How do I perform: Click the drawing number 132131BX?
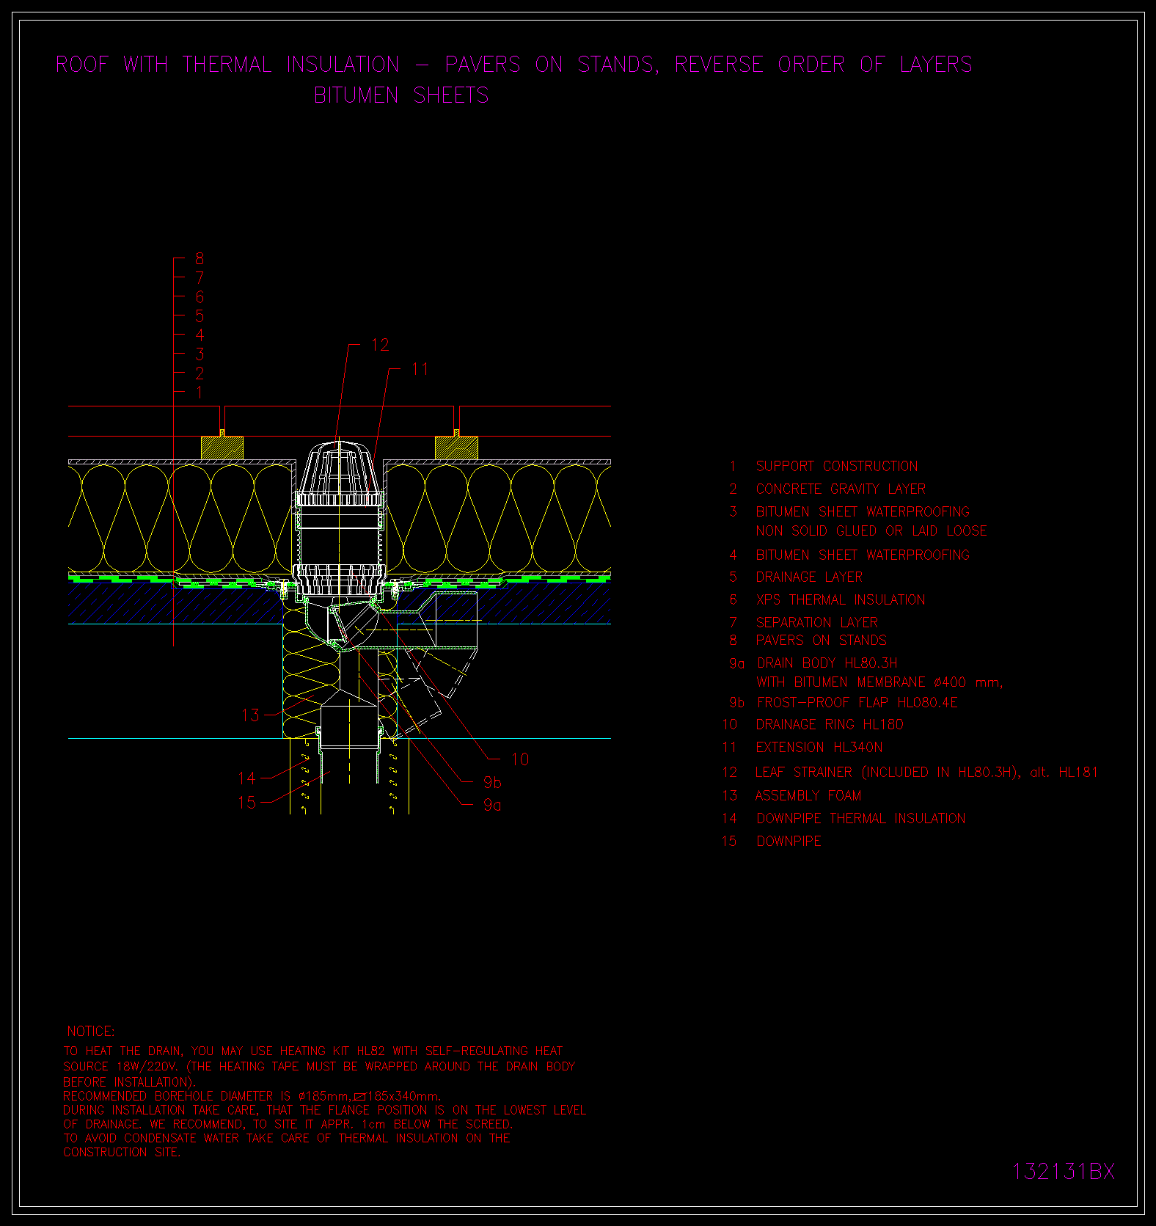[1064, 1171]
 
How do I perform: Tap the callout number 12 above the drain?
[380, 345]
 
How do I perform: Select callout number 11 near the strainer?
[420, 369]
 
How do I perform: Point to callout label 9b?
[492, 782]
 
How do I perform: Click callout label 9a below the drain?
[492, 805]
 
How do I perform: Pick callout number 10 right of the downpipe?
[520, 759]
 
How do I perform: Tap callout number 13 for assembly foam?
[250, 715]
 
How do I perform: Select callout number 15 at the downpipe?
[247, 803]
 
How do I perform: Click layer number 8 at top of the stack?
[200, 258]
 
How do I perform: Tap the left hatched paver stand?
[222, 448]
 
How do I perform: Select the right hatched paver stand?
[456, 448]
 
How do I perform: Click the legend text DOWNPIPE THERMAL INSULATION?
[861, 818]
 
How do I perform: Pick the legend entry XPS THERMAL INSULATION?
[841, 599]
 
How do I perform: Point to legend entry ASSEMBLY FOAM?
[808, 795]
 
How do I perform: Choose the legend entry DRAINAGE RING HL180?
[830, 724]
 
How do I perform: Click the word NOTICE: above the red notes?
[91, 1032]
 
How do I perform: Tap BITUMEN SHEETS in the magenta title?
[401, 95]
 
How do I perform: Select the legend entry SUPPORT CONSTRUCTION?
[837, 466]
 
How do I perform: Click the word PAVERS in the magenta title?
[483, 65]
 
